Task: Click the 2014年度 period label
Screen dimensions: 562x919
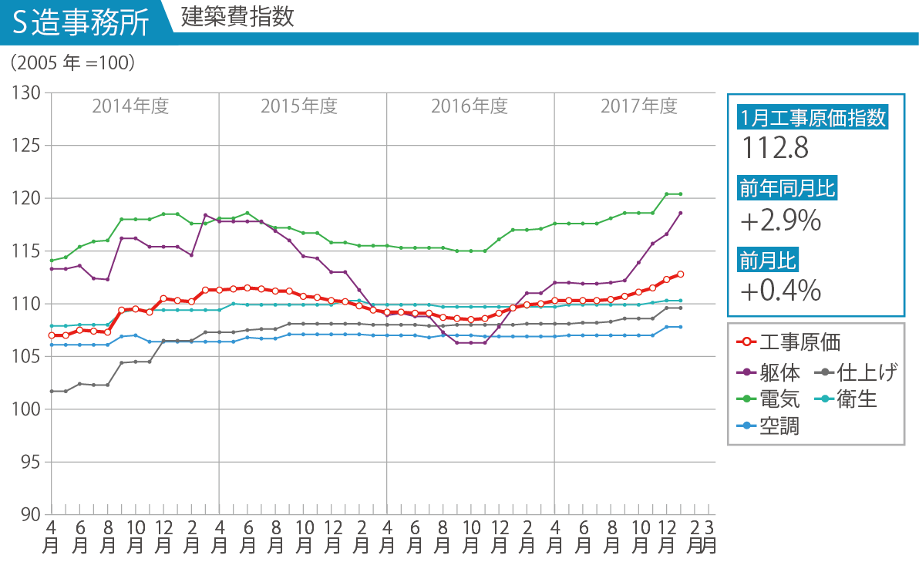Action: pos(130,106)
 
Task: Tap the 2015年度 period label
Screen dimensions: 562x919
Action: pos(299,106)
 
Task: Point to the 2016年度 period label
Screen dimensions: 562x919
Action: pos(469,106)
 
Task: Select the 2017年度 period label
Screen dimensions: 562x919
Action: pos(638,106)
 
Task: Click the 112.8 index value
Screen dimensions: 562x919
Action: pos(776,148)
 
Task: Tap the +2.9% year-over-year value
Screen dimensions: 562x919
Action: pos(780,222)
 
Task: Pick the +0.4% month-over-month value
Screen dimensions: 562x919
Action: pos(780,291)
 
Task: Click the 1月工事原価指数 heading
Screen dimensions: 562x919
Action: pos(813,118)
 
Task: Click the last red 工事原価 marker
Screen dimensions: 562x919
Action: pos(681,274)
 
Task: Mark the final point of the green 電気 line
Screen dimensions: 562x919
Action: pos(681,194)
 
